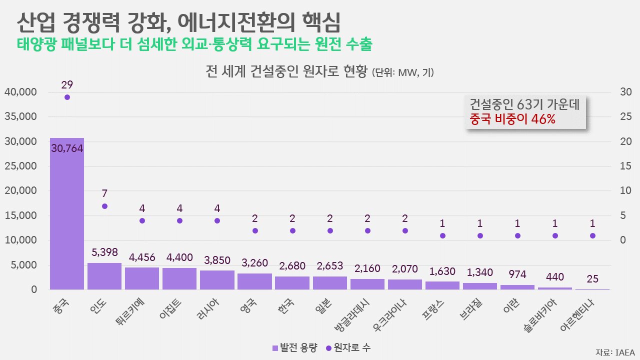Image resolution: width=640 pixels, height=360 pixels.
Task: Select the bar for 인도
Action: pyautogui.click(x=104, y=276)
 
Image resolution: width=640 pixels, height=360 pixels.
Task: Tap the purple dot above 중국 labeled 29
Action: pyautogui.click(x=67, y=97)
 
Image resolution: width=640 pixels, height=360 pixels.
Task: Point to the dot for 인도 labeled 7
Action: pyautogui.click(x=104, y=206)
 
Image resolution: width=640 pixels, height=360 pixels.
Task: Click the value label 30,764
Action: pyautogui.click(x=67, y=148)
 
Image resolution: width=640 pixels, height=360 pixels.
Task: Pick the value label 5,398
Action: pyautogui.click(x=104, y=252)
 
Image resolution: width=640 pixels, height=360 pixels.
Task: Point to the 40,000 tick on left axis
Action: pyautogui.click(x=20, y=92)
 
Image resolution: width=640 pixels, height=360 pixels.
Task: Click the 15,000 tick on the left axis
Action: pyautogui.click(x=20, y=215)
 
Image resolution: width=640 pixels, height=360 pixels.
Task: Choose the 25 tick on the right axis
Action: pyautogui.click(x=626, y=117)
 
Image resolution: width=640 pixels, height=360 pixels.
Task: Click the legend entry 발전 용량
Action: pyautogui.click(x=294, y=347)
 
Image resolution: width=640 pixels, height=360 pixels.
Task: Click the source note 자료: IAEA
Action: pyautogui.click(x=615, y=352)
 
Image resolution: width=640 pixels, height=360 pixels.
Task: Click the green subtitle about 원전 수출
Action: pyautogui.click(x=194, y=44)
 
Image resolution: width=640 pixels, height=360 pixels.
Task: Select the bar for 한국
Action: pyautogui.click(x=292, y=282)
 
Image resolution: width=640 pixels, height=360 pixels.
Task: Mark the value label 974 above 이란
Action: pyautogui.click(x=517, y=274)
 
